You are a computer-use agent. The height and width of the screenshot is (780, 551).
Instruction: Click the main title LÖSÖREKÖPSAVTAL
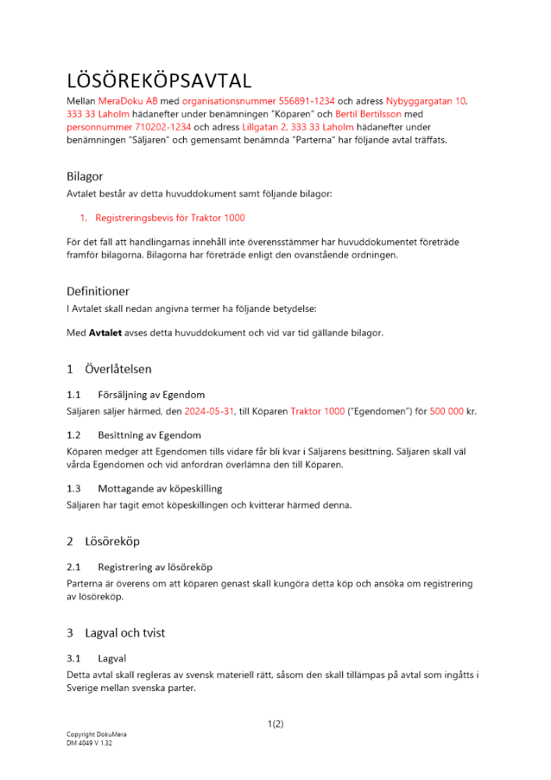159,80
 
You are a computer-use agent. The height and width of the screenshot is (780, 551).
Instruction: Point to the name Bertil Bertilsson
369,114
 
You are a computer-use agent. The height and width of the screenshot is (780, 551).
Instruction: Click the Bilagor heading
85,176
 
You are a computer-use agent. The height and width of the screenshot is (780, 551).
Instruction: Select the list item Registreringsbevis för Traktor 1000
170,218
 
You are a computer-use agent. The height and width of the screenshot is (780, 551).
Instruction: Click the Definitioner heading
97,292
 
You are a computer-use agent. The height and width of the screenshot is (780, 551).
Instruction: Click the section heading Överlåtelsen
118,369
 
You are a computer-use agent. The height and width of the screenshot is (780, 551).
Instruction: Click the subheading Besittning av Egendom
150,435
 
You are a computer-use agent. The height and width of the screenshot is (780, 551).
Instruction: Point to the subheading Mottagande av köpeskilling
160,488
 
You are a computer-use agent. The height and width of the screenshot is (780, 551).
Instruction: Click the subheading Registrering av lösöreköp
155,567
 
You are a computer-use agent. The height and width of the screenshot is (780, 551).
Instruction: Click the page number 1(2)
275,724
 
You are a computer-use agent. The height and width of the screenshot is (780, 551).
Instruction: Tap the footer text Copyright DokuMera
97,735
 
